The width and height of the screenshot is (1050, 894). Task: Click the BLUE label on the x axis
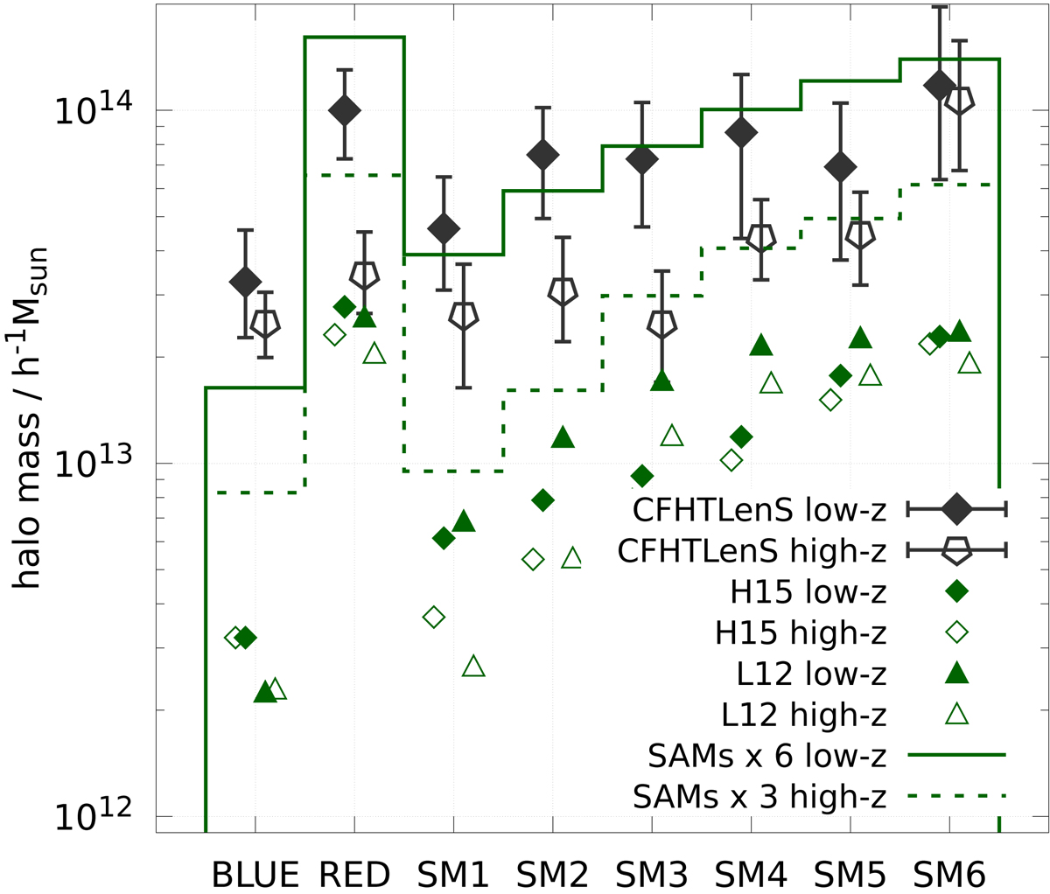click(255, 874)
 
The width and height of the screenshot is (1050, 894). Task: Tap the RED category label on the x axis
click(353, 874)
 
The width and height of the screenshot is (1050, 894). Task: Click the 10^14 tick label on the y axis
click(91, 111)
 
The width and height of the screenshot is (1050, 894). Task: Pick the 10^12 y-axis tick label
click(91, 816)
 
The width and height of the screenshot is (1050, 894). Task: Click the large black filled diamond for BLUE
click(245, 281)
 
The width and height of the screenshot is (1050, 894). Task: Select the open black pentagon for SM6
click(959, 101)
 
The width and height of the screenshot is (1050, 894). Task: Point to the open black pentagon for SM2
click(563, 291)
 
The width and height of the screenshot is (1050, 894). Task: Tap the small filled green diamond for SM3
click(642, 476)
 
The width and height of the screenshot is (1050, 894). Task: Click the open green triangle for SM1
click(473, 667)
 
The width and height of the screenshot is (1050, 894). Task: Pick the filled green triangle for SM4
click(760, 346)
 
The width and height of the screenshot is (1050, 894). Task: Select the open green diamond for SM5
click(830, 400)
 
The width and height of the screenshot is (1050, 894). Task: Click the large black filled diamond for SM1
click(444, 228)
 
